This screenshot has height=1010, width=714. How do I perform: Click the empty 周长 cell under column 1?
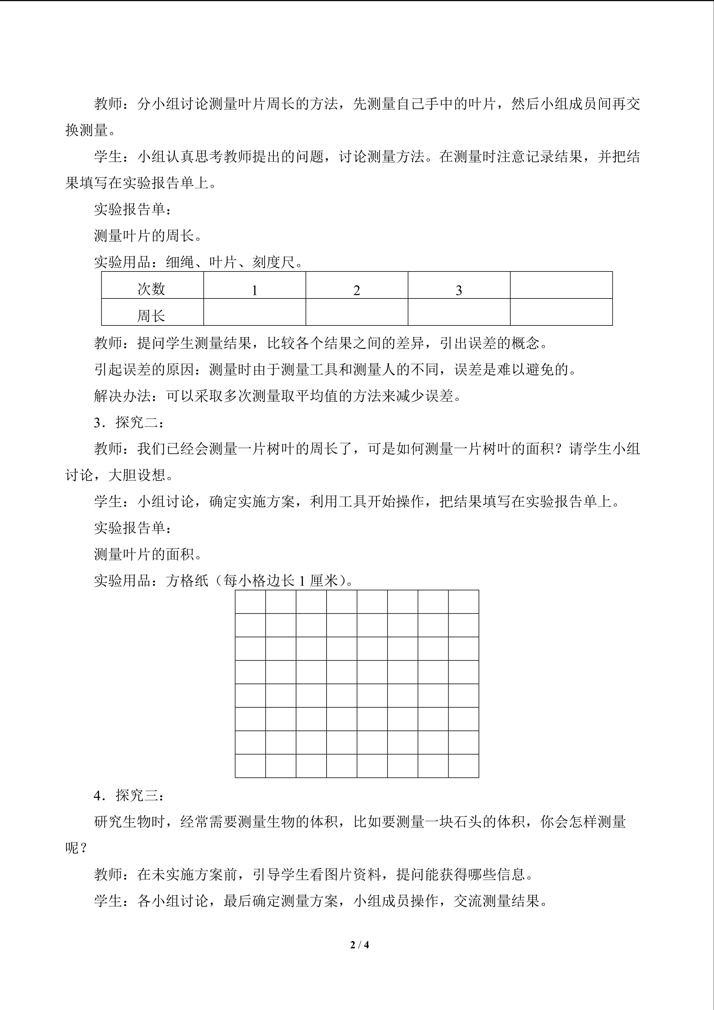255,312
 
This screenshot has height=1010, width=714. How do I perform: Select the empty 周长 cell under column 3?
459,312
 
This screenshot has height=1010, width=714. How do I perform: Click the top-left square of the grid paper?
250,602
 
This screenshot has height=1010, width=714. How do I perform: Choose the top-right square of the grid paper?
463,602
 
